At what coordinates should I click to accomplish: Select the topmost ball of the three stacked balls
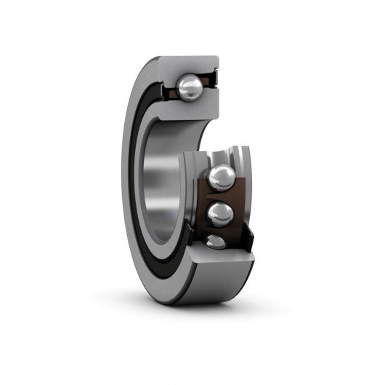click(x=221, y=178)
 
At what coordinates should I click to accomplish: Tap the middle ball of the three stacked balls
click(x=220, y=213)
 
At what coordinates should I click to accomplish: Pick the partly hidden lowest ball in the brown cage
click(x=216, y=242)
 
